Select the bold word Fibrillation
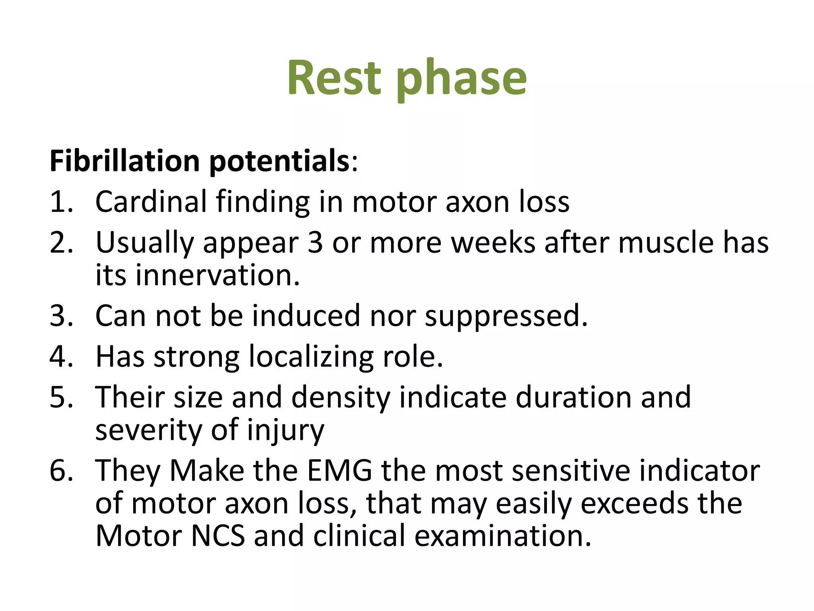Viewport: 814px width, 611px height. click(x=124, y=161)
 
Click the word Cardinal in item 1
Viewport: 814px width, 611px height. click(x=151, y=202)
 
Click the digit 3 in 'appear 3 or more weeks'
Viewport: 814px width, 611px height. click(x=315, y=242)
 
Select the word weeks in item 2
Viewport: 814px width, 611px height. click(x=493, y=242)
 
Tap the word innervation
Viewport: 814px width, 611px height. click(x=218, y=275)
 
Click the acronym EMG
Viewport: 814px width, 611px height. click(x=340, y=471)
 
